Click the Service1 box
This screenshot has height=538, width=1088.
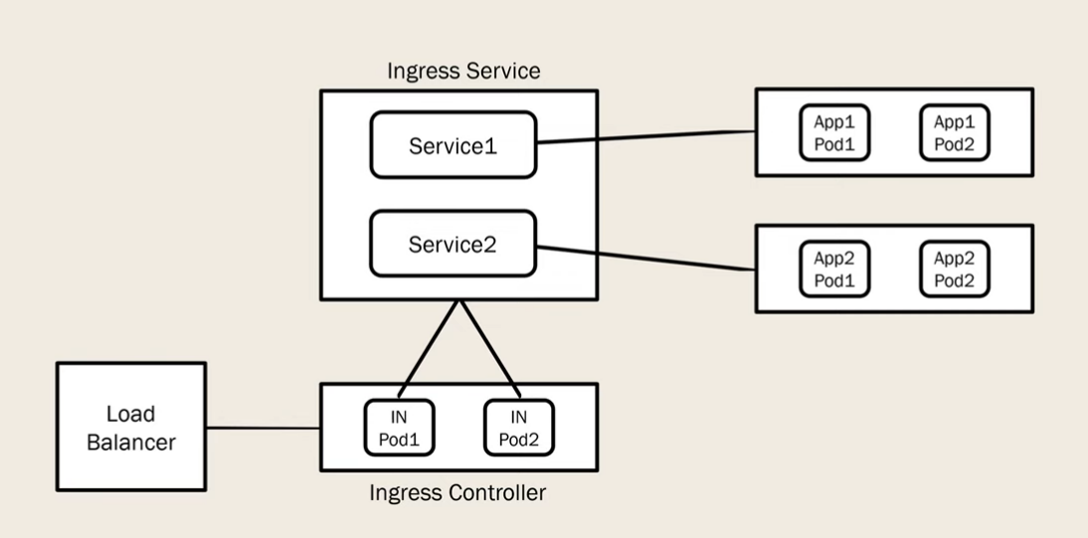453,145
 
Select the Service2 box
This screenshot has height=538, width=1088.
453,244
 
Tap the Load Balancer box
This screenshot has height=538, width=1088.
131,427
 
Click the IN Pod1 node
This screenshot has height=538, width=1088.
399,428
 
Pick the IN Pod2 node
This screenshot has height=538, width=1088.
519,428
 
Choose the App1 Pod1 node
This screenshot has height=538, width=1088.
834,132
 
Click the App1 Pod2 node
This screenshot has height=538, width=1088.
954,132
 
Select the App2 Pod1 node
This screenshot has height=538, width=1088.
834,269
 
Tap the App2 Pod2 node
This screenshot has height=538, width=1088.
954,269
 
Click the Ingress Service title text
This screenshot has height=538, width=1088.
463,71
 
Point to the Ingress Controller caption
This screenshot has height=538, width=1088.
457,493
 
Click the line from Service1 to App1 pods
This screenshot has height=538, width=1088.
646,137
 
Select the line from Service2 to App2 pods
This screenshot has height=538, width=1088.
646,259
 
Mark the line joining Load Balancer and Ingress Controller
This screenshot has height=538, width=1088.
263,428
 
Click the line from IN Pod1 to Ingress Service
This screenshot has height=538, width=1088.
429,349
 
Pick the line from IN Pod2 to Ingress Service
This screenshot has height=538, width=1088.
489,349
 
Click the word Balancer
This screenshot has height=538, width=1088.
131,443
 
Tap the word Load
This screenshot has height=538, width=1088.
130,414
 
